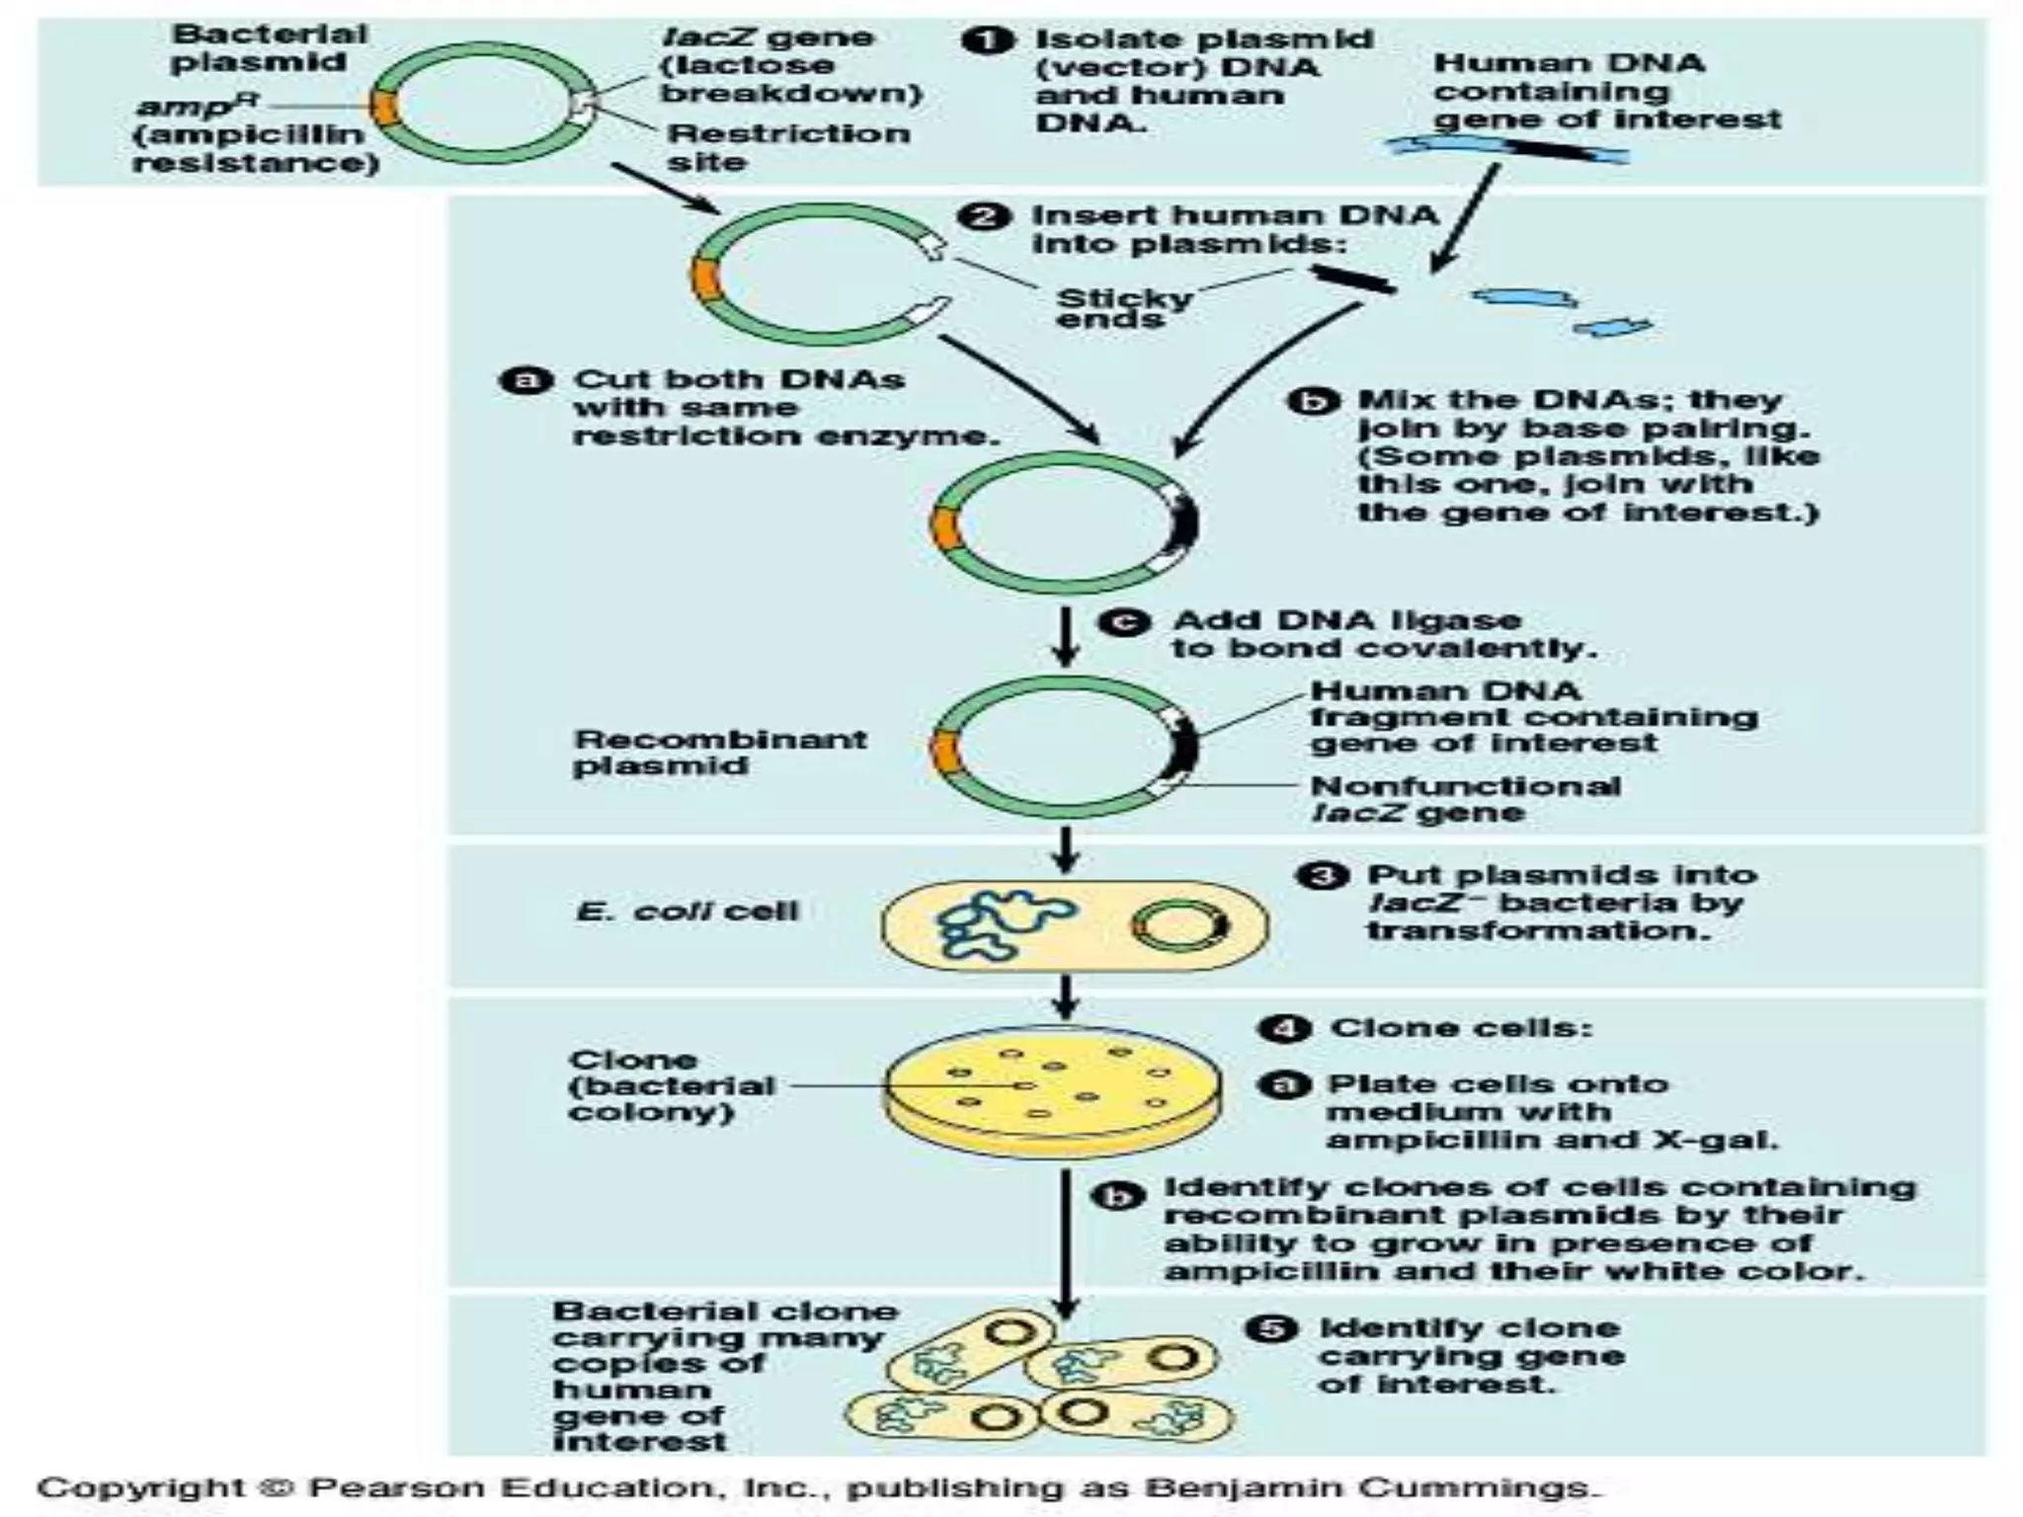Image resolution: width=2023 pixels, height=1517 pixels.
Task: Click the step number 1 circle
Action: click(987, 41)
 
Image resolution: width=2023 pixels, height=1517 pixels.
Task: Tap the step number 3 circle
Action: click(1322, 876)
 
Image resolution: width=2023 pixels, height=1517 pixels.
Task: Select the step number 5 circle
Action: click(1271, 1328)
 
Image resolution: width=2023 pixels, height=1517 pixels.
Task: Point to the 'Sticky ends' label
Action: click(1123, 307)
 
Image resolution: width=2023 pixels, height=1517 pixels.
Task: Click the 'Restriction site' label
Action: click(787, 147)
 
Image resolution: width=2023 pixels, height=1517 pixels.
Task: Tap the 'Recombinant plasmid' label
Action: click(719, 752)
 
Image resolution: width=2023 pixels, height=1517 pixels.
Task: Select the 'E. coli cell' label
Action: click(687, 911)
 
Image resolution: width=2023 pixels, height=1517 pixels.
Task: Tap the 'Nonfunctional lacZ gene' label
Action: click(1464, 799)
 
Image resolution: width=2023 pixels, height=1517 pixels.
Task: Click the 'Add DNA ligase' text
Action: click(1346, 620)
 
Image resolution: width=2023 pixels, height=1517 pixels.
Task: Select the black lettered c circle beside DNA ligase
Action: click(1123, 622)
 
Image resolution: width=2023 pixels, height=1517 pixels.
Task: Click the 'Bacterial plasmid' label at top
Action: click(268, 47)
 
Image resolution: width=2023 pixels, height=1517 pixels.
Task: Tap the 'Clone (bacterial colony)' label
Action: click(671, 1085)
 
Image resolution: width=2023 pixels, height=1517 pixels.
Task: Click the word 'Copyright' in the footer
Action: click(140, 1487)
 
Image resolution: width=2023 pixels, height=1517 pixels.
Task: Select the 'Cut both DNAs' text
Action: click(738, 380)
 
